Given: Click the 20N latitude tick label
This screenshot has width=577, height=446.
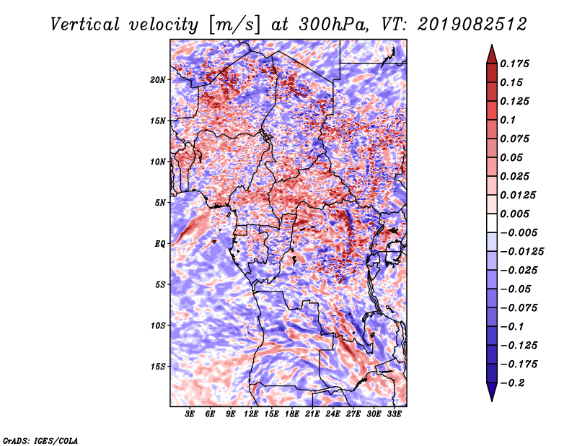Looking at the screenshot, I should pos(158,79).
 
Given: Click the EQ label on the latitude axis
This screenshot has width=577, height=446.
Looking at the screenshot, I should pos(159,243).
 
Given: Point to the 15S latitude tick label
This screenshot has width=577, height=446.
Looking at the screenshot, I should pos(158,366).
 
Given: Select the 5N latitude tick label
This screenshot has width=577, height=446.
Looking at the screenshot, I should pos(160,202).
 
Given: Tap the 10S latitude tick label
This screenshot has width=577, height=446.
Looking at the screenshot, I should pos(158,325).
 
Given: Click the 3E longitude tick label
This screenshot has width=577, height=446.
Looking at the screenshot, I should pos(190,414).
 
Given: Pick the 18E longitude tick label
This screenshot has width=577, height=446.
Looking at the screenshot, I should pos(292,414).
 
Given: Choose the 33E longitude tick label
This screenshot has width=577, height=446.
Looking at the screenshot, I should pos(394,414).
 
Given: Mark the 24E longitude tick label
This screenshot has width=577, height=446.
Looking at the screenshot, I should pos(332,414).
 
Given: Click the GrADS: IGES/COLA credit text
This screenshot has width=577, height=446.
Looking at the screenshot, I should pos(40,440).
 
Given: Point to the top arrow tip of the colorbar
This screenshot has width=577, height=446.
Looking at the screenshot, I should pos(490,47).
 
